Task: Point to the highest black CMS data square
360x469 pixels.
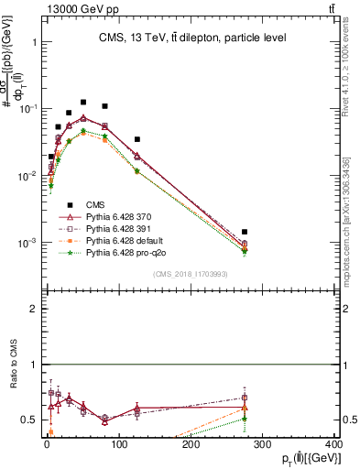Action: point(83,103)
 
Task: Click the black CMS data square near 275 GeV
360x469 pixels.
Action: point(245,233)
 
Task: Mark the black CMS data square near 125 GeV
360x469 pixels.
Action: point(136,139)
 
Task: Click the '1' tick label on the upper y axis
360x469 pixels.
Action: point(33,42)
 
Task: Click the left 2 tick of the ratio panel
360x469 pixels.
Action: point(33,309)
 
